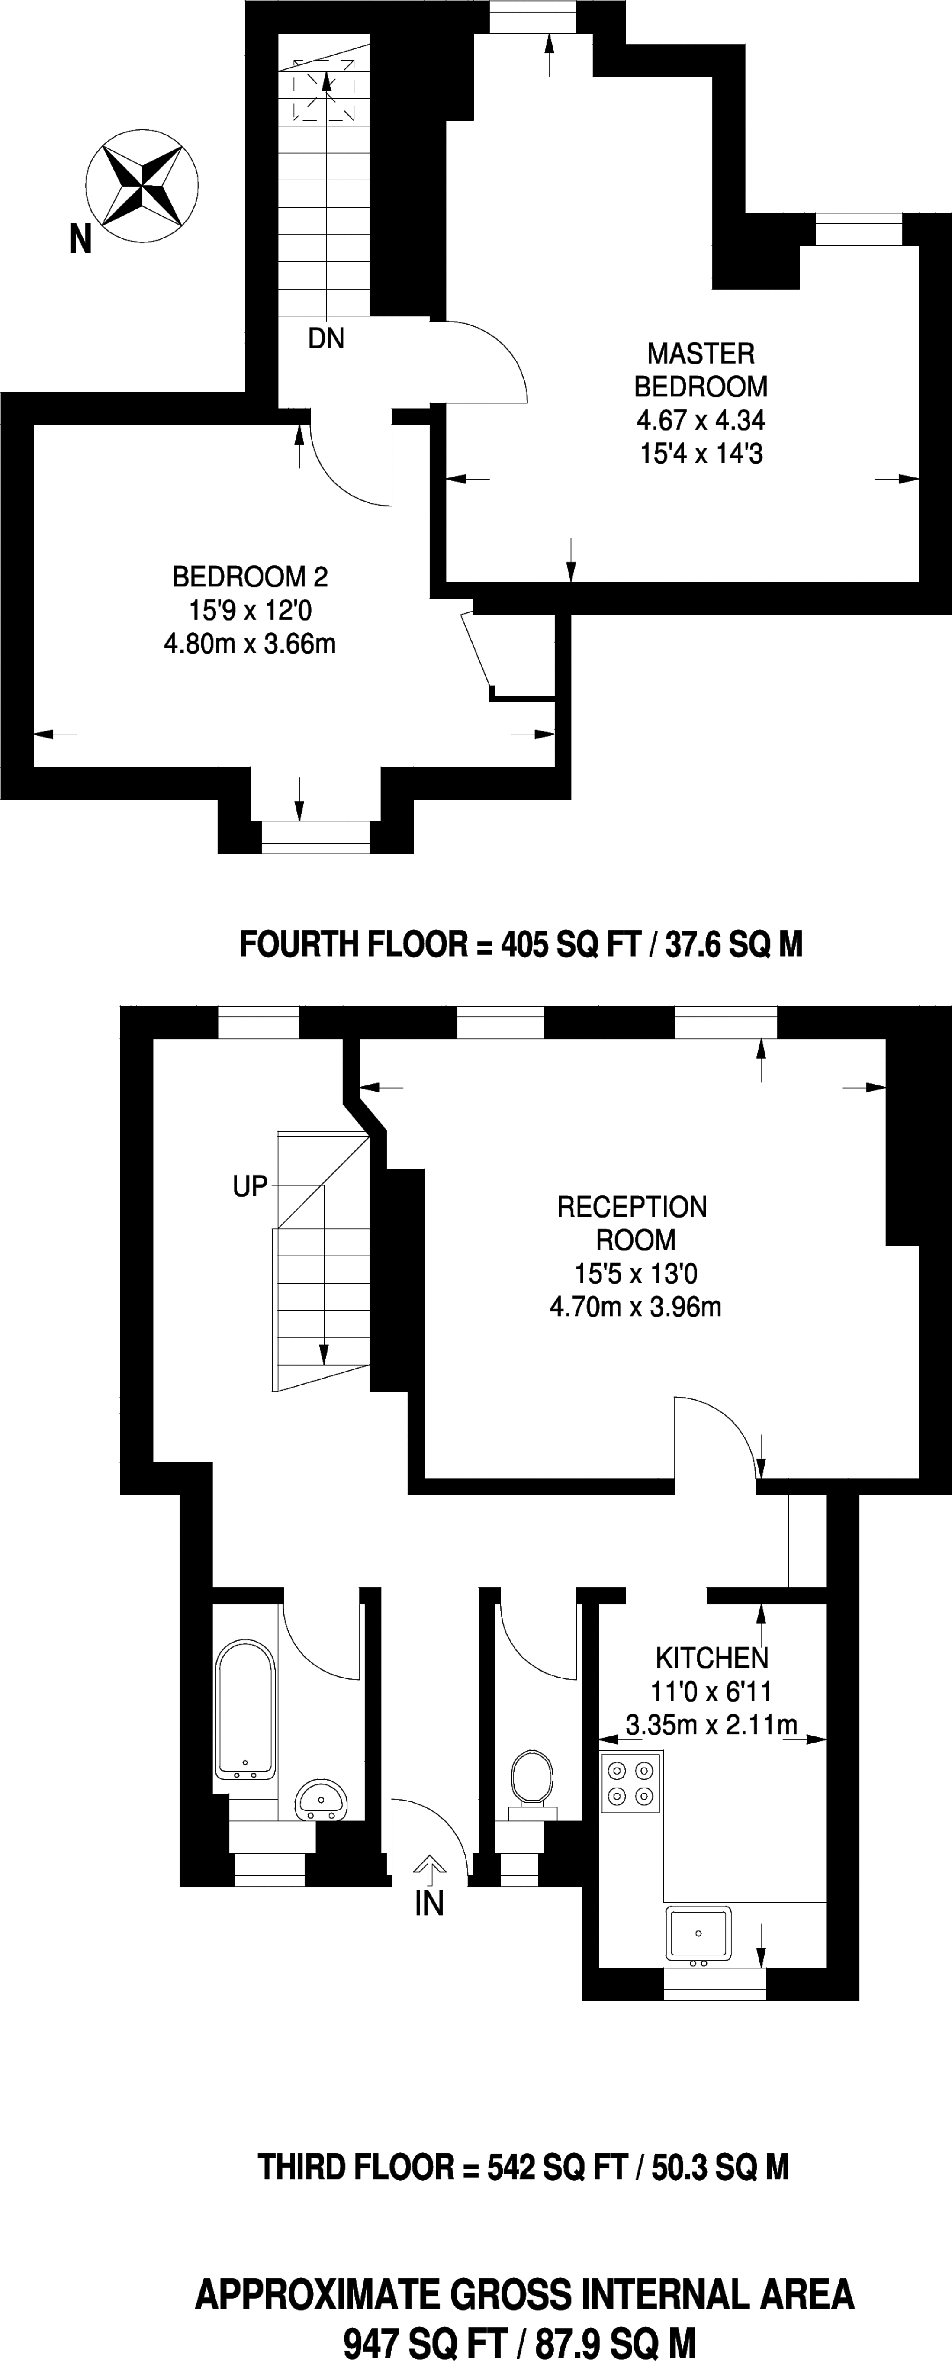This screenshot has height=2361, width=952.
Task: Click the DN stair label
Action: [326, 339]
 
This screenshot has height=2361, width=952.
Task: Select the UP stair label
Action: [250, 1187]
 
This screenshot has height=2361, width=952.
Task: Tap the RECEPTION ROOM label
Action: [633, 1223]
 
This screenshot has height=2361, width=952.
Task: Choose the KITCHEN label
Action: [712, 1657]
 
